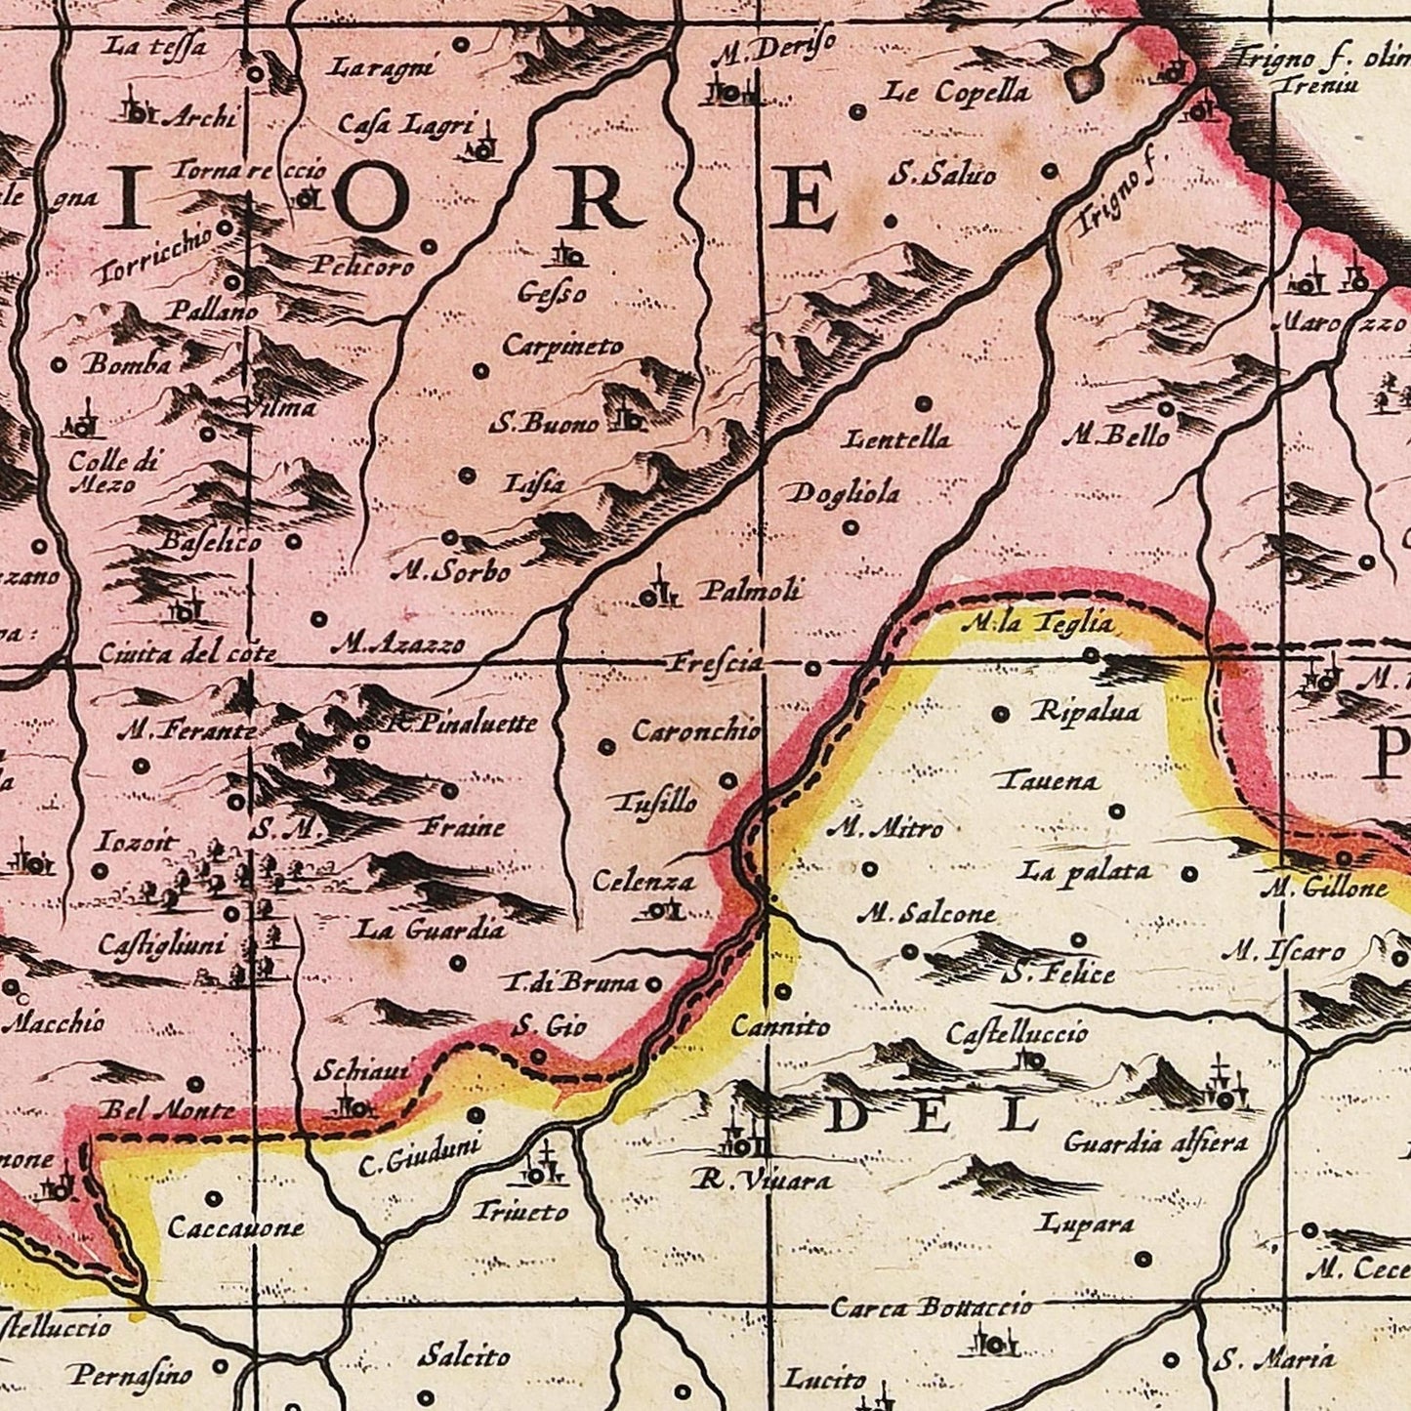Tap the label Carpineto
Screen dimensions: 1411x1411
[561, 347]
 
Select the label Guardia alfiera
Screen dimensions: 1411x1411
[1155, 1141]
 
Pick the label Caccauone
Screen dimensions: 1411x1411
[235, 1227]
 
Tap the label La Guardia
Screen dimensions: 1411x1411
[431, 930]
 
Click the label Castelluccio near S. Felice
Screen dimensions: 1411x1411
[1017, 1032]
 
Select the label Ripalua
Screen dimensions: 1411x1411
[1086, 712]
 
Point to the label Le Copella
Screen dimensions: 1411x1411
[957, 93]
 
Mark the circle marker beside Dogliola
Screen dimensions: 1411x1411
[851, 527]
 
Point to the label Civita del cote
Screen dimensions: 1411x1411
[187, 653]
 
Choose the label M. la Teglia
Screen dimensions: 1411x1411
[1036, 623]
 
